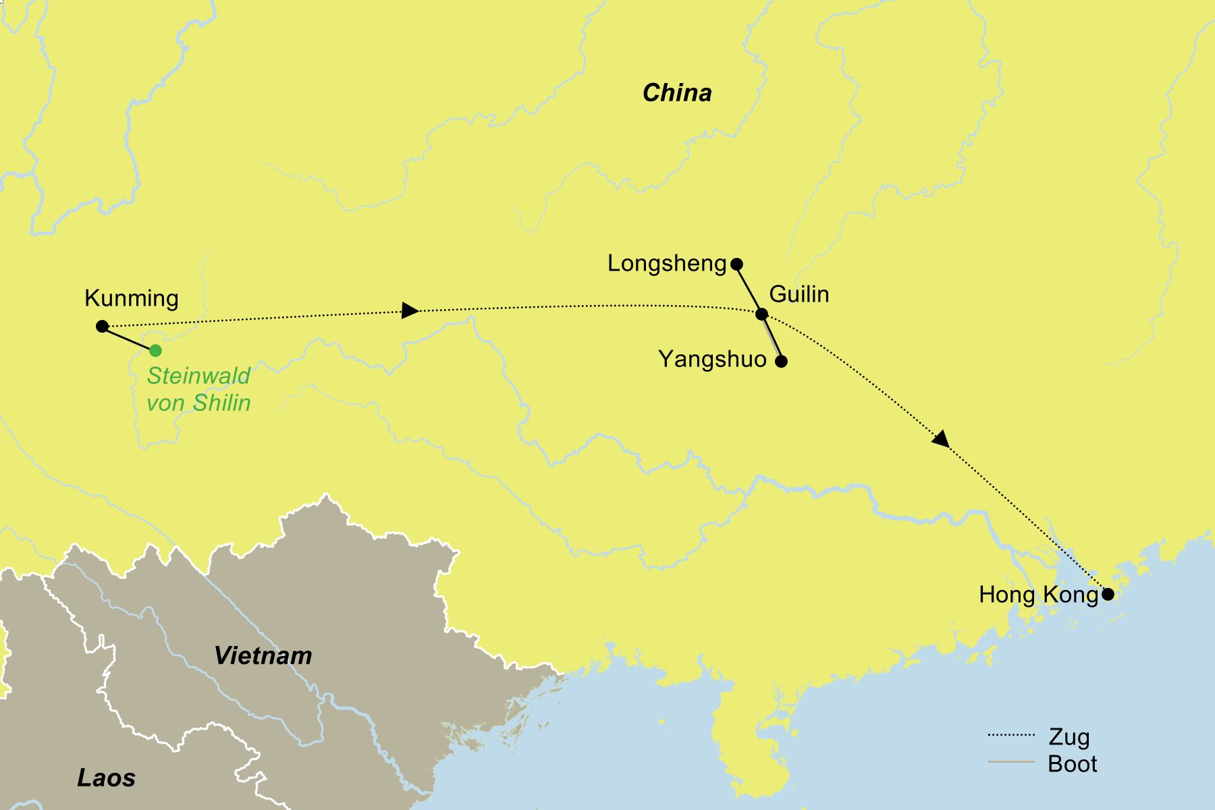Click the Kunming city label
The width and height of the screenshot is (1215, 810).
click(x=132, y=298)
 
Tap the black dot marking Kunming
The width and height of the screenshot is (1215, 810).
click(x=102, y=327)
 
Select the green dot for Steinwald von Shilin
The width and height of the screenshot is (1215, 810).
click(x=155, y=350)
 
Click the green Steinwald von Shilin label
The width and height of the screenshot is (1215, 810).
click(x=198, y=389)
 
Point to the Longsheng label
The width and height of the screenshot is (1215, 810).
click(x=667, y=263)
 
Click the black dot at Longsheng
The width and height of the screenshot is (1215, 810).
click(x=737, y=264)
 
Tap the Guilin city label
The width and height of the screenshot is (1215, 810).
click(x=799, y=294)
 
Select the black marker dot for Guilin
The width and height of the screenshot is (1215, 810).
click(x=761, y=314)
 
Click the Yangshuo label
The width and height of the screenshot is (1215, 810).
click(x=712, y=359)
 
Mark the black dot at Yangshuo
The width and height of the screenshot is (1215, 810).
click(x=781, y=361)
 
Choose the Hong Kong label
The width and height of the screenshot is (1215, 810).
click(x=1038, y=595)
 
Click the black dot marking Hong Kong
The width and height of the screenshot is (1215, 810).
click(x=1108, y=595)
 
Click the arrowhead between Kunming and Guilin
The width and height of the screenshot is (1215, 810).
click(x=409, y=310)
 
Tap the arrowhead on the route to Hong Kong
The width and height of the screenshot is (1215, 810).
click(x=940, y=439)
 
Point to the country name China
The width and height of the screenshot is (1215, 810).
click(x=677, y=93)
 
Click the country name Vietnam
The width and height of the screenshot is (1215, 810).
click(x=263, y=655)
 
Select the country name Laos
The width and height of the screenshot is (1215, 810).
click(x=106, y=778)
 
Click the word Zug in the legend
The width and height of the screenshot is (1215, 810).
click(x=1069, y=737)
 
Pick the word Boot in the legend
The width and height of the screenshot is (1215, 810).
click(x=1072, y=764)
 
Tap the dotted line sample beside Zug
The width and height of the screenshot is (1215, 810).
click(x=1010, y=735)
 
